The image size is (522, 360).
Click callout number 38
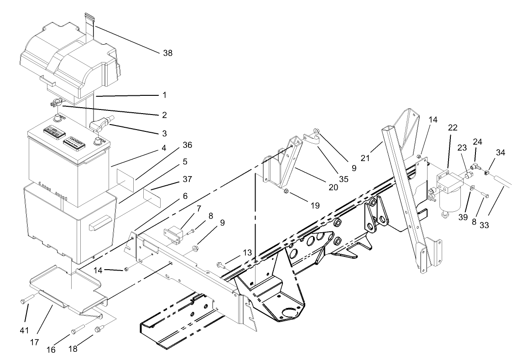(x=167, y=53)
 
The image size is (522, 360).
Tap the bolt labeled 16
(x=78, y=328)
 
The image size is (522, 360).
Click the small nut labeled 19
(x=286, y=191)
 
